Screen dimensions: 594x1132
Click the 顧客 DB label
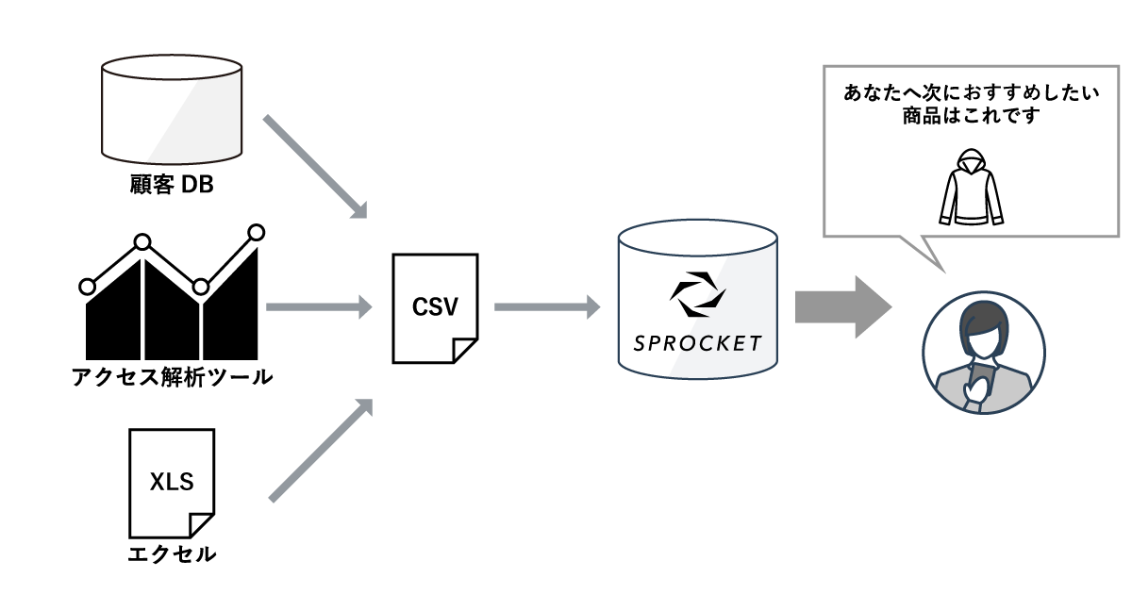click(x=172, y=186)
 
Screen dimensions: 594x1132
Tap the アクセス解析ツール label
click(x=172, y=379)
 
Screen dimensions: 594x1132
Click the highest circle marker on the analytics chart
click(x=256, y=231)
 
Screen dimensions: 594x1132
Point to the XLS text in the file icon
click(x=172, y=482)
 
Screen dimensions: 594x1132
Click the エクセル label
click(x=172, y=553)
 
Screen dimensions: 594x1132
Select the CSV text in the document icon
click(x=435, y=306)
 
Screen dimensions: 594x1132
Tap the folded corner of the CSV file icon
click(x=466, y=351)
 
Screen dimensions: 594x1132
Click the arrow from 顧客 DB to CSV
click(x=313, y=167)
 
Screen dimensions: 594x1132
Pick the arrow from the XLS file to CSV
click(x=319, y=450)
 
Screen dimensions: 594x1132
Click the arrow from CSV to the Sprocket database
click(x=547, y=306)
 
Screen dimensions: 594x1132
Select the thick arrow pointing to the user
click(x=842, y=307)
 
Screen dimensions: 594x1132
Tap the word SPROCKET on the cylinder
click(x=698, y=342)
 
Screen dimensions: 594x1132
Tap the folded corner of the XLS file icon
click(x=202, y=525)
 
